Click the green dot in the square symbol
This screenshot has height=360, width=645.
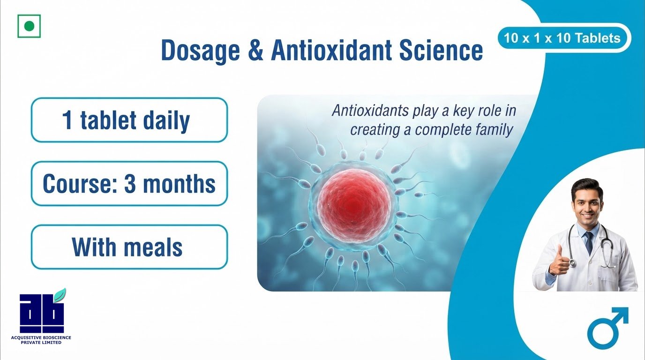click(29, 26)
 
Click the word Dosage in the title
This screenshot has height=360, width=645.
click(201, 51)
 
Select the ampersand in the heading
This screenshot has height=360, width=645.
click(255, 50)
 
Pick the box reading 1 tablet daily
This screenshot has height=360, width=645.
click(129, 120)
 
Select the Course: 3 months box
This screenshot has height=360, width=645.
click(129, 183)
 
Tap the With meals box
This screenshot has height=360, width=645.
click(129, 247)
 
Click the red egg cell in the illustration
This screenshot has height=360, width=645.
click(354, 205)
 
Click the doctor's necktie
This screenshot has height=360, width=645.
click(589, 242)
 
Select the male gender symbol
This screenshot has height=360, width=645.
click(608, 328)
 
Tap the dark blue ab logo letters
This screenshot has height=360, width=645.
click(42, 313)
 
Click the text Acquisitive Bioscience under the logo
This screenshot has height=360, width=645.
click(41, 337)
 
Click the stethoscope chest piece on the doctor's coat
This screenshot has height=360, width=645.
click(572, 262)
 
